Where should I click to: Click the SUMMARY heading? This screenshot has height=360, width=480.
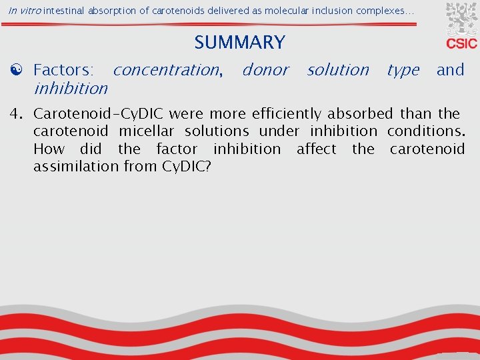[239, 43]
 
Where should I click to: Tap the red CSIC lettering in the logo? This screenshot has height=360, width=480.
[461, 44]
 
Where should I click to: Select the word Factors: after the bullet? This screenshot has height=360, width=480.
[64, 70]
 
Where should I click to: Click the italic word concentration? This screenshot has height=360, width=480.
[167, 70]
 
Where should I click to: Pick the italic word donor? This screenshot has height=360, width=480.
[265, 70]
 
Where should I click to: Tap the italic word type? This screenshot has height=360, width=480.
[403, 70]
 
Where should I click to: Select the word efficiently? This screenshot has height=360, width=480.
[289, 113]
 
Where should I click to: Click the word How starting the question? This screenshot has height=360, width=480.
[49, 149]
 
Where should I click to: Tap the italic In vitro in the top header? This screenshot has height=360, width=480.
[25, 11]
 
